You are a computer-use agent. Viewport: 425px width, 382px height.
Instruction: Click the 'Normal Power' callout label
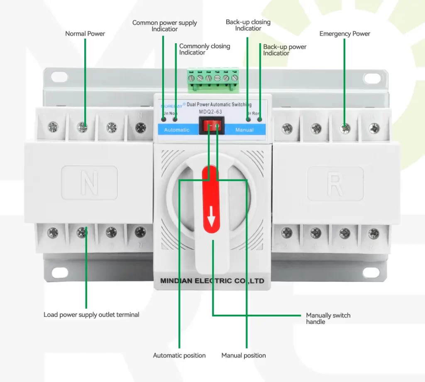coord(85,34)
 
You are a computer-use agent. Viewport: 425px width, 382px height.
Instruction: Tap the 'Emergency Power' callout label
coord(344,34)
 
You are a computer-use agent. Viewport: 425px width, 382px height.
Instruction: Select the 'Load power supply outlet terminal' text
coord(91,315)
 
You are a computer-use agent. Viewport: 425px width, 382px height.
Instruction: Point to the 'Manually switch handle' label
coord(328,318)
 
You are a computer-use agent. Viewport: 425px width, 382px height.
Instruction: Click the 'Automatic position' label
coord(179,355)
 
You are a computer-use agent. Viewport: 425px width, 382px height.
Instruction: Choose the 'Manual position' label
coord(244,355)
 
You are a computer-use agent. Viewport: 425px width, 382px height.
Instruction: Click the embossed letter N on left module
coord(89,183)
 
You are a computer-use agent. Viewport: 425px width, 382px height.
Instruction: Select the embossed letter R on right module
coord(335,183)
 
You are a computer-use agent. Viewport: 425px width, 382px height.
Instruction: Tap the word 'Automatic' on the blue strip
coord(176,130)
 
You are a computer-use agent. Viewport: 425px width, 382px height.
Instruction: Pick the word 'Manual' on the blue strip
coord(244,130)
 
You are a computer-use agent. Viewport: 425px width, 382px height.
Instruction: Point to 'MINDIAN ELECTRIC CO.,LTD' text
coord(212,281)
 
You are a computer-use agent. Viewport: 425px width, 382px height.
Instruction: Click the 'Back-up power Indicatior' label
coord(284,50)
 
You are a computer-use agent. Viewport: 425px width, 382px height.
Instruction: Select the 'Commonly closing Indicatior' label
coord(204,49)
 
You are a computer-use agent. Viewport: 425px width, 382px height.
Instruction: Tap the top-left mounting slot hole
coord(59,77)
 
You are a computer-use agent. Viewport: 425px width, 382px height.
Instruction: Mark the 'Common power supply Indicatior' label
coord(164,26)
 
